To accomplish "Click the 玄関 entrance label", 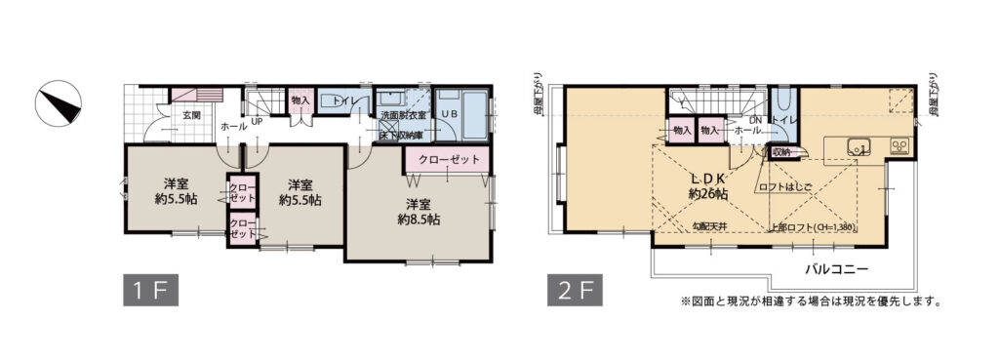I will coord(191,115).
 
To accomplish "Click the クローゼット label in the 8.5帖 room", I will coord(448,159).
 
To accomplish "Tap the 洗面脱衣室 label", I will coord(401,115).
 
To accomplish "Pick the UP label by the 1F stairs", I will coord(257,123).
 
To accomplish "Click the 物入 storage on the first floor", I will coord(300,100).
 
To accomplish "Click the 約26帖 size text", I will coord(708,194).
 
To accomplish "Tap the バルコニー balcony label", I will coord(836,267).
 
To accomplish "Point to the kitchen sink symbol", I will coord(858,148).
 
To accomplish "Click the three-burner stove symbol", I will coord(898,148).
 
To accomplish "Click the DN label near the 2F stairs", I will coord(755,120).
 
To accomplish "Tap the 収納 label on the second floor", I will coord(780,152).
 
